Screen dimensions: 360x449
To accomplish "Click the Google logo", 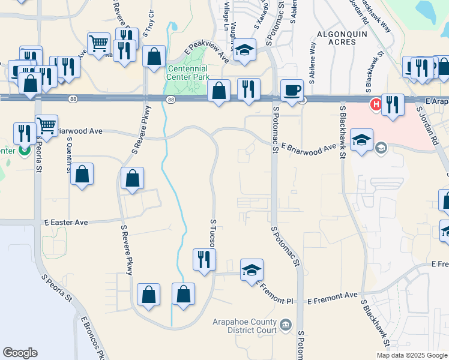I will point(20,353).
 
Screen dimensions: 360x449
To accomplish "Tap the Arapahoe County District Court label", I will point(244,326).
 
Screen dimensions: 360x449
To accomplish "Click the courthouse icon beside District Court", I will point(286,325).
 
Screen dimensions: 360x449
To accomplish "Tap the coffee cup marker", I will point(292,91).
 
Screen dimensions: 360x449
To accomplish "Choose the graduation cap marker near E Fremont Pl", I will point(252,270).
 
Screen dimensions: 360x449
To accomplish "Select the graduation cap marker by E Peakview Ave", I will point(244,51).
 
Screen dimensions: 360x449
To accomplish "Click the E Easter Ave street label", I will point(66,223).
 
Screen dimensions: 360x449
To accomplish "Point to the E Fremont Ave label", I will point(333,296).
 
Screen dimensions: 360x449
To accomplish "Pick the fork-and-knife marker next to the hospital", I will point(393,105).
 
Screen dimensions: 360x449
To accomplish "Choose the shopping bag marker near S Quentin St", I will point(82,175).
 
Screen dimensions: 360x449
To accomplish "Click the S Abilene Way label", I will point(313,58).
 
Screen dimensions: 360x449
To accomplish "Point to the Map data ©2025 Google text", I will point(412,355).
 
